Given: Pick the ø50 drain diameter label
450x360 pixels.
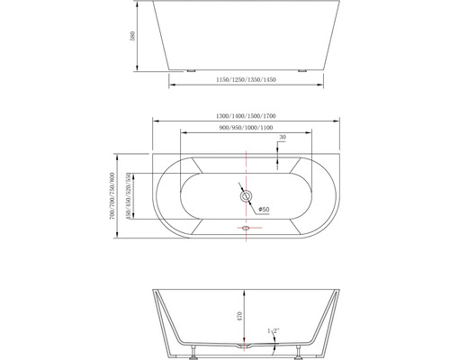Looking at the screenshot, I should click(x=265, y=210).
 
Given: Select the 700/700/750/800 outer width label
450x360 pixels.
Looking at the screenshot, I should click(x=112, y=196).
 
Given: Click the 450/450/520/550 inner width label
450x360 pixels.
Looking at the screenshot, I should click(x=130, y=196).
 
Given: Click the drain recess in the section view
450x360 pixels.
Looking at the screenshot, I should click(x=243, y=346).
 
